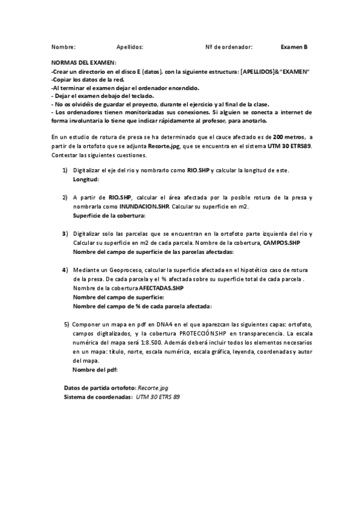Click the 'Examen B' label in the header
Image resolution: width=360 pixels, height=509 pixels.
pyautogui.click(x=294, y=46)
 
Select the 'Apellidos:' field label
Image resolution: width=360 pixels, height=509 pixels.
pyautogui.click(x=130, y=46)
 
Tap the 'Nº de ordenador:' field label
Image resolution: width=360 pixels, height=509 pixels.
pyautogui.click(x=229, y=46)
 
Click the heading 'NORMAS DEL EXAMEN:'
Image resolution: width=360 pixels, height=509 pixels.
pyautogui.click(x=84, y=62)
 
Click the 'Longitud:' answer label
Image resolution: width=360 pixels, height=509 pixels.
pyautogui.click(x=86, y=179)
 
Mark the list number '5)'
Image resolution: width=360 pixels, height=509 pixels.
pyautogui.click(x=67, y=324)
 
